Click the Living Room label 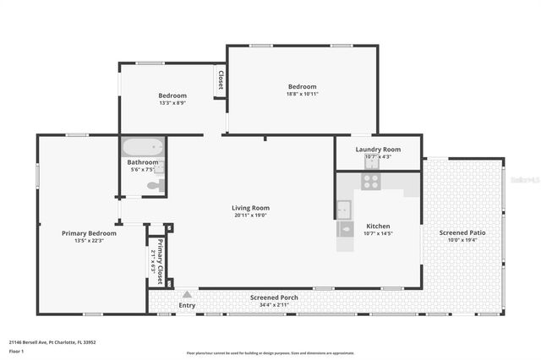pos(250,208)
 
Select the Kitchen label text pos(378,226)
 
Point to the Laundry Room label pos(378,149)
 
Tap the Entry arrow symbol pos(187,294)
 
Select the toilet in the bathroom pos(156,186)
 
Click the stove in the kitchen pos(370,181)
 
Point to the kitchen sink pos(344,209)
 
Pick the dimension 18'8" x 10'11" pos(302,95)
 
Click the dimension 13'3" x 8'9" pos(172,103)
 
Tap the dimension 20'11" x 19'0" pos(250,215)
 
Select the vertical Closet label pos(221,80)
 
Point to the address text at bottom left pos(52,342)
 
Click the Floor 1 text pos(16,350)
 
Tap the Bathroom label pos(143,162)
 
